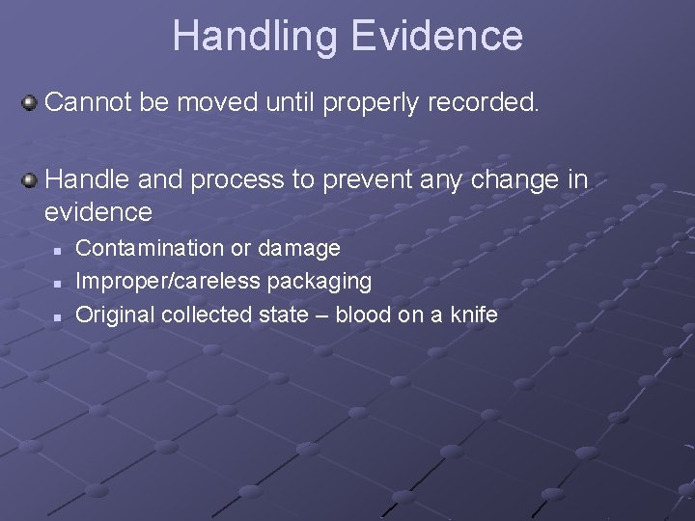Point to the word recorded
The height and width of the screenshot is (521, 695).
(478, 101)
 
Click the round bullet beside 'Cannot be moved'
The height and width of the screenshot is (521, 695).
(31, 100)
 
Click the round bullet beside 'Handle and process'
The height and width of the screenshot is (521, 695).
(31, 178)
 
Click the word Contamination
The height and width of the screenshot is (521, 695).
(150, 248)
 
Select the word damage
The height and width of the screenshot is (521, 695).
(299, 249)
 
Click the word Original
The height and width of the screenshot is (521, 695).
(115, 315)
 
